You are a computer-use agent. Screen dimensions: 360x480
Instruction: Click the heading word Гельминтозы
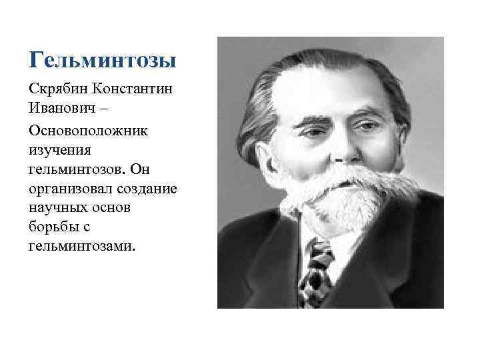(x=103, y=61)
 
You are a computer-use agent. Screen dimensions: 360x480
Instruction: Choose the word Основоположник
(x=90, y=129)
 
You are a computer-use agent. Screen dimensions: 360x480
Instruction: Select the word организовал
(x=70, y=189)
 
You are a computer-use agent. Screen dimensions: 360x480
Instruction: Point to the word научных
(x=57, y=208)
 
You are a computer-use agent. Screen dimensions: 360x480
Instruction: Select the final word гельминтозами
(x=81, y=247)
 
